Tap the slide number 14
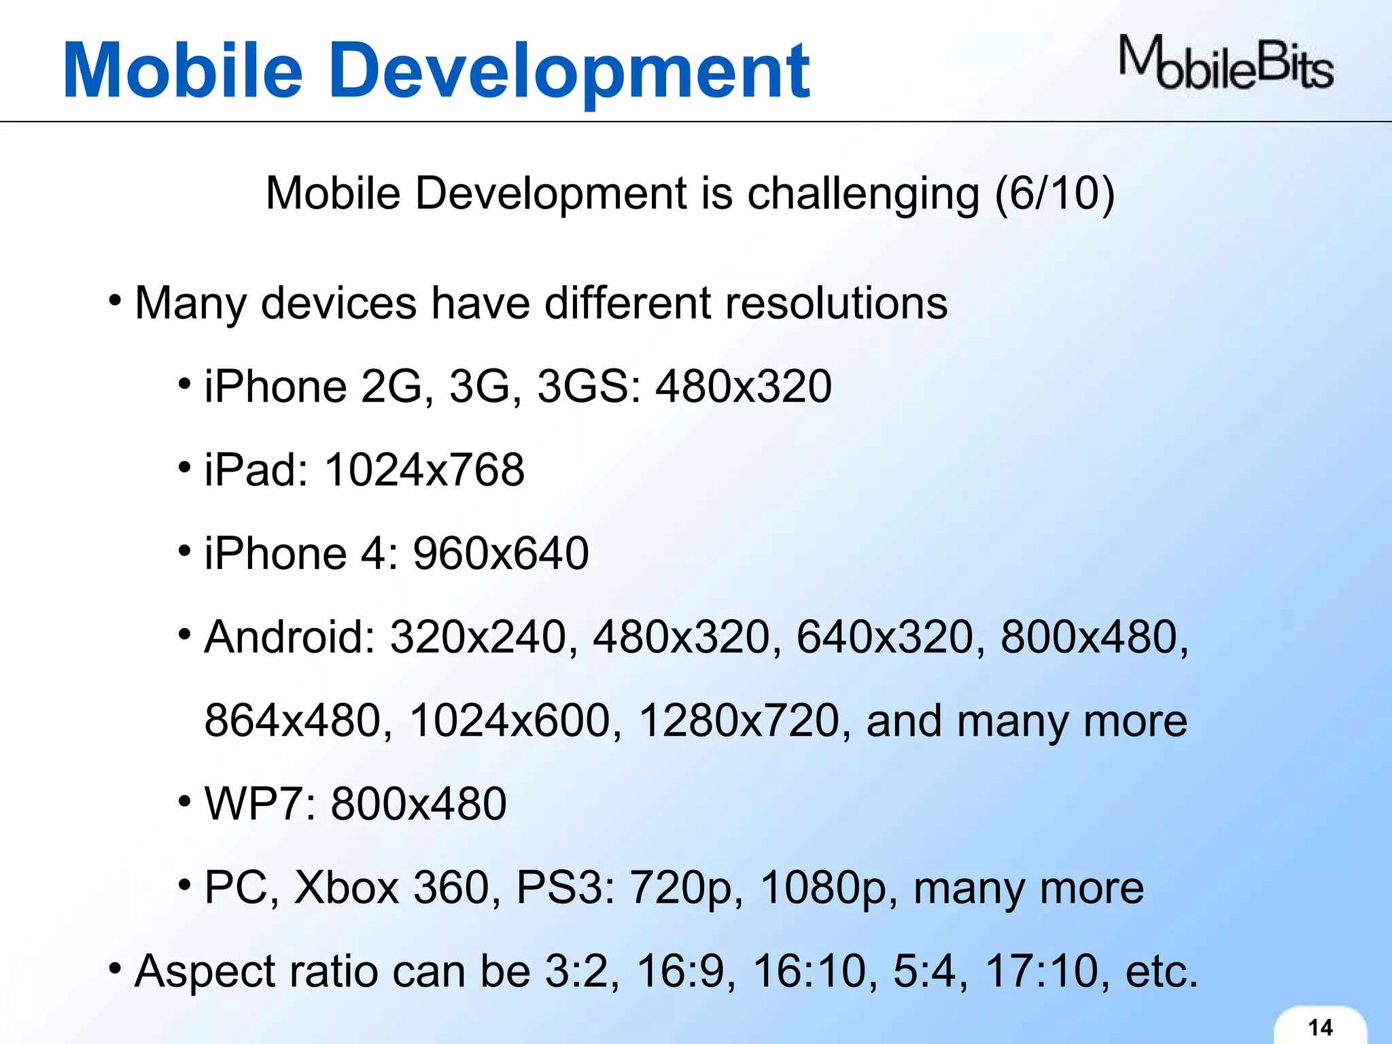1320,1027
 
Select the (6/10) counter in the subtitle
1054,194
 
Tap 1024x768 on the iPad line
424,470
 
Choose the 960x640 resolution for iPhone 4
500,553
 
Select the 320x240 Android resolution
478,638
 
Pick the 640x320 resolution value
885,638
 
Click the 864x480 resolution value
293,721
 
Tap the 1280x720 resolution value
739,721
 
